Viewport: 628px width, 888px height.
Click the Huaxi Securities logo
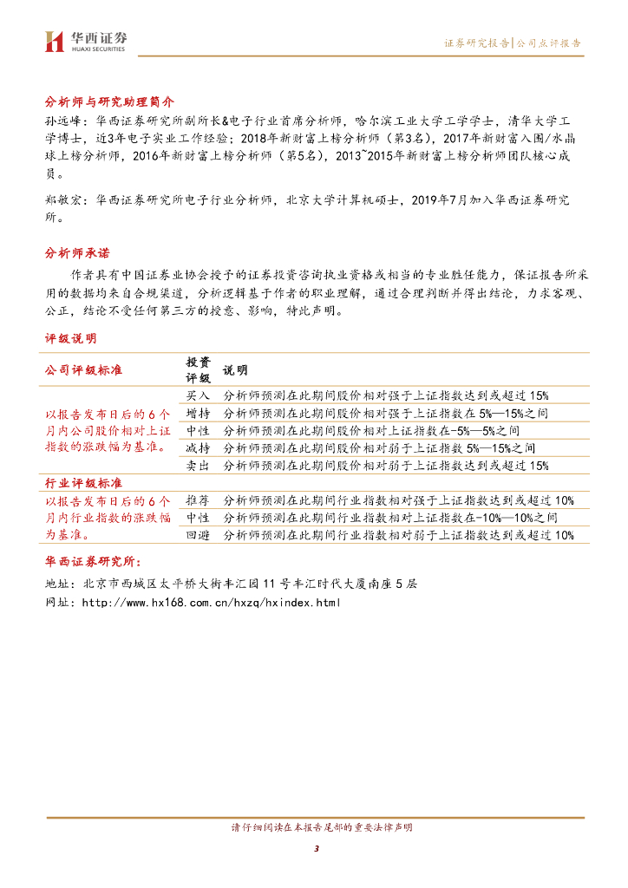click(86, 40)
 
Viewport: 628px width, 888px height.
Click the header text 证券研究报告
click(476, 42)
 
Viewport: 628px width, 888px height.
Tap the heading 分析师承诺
click(77, 253)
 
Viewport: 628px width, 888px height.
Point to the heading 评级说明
click(71, 337)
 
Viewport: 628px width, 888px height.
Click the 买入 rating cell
click(198, 395)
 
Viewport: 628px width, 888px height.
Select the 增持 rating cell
click(198, 413)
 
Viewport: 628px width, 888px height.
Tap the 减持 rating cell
click(198, 447)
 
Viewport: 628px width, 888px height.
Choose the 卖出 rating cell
click(198, 466)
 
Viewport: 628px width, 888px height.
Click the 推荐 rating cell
click(198, 500)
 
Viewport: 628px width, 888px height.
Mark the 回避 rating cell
click(198, 535)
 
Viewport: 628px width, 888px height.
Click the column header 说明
click(235, 370)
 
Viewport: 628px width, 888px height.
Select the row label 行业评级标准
click(83, 482)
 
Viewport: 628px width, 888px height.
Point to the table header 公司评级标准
click(83, 370)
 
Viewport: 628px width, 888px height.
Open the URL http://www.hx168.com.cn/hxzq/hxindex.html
click(210, 603)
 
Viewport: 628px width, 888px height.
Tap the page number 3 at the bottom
click(317, 848)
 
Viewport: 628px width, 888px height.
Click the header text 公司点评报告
click(548, 42)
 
